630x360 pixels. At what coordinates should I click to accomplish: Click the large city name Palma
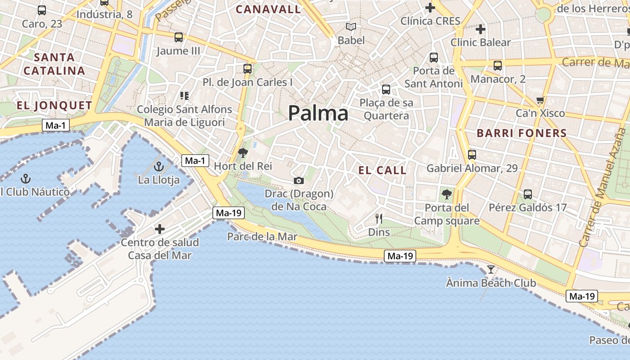pyautogui.click(x=318, y=113)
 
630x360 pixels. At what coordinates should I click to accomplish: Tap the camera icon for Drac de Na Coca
pyautogui.click(x=298, y=181)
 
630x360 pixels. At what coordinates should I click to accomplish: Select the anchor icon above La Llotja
pyautogui.click(x=158, y=167)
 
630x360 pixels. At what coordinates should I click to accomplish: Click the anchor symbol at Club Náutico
pyautogui.click(x=26, y=179)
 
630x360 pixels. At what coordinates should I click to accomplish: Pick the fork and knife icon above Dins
pyautogui.click(x=379, y=219)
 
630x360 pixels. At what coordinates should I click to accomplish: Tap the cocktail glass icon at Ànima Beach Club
pyautogui.click(x=490, y=270)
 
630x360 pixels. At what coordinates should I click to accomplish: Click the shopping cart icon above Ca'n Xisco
pyautogui.click(x=540, y=100)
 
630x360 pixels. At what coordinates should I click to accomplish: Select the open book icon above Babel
pyautogui.click(x=351, y=27)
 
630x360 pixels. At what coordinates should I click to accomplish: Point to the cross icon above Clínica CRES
pyautogui.click(x=430, y=8)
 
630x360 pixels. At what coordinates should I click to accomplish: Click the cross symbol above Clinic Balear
pyautogui.click(x=481, y=30)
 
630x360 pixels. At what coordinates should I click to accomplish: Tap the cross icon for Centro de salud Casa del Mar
pyautogui.click(x=160, y=229)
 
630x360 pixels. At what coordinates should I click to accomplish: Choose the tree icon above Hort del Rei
pyautogui.click(x=243, y=153)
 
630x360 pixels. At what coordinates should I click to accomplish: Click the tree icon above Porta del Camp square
pyautogui.click(x=446, y=194)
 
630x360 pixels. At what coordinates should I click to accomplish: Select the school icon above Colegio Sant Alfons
pyautogui.click(x=184, y=96)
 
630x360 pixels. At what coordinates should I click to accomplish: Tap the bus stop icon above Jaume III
pyautogui.click(x=179, y=37)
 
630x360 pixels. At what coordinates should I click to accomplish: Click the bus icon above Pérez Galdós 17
pyautogui.click(x=528, y=194)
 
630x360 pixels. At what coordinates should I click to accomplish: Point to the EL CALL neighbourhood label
pyautogui.click(x=382, y=170)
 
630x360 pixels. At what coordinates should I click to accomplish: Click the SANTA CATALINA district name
pyautogui.click(x=54, y=64)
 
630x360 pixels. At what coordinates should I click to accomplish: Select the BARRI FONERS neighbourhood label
pyautogui.click(x=522, y=133)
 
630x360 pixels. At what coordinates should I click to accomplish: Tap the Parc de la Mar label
pyautogui.click(x=262, y=237)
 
